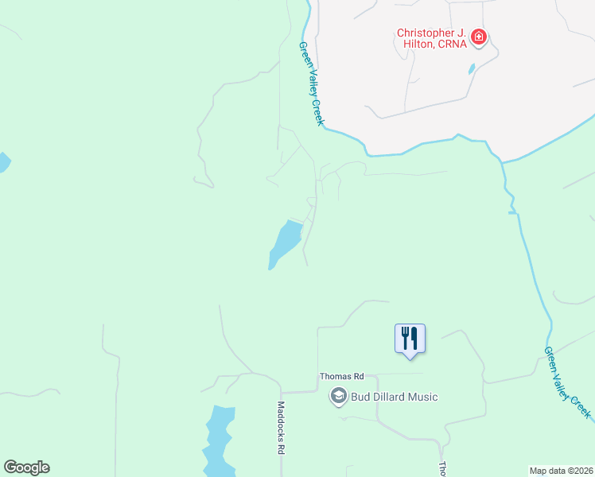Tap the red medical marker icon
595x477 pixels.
click(x=479, y=37)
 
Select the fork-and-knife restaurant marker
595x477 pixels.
click(x=410, y=338)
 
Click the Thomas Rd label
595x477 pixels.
click(x=341, y=376)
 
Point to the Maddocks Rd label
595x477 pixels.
click(x=281, y=426)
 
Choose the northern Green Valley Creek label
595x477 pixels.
click(x=311, y=83)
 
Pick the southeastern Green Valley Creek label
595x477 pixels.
click(x=568, y=382)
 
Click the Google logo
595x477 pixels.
click(x=26, y=467)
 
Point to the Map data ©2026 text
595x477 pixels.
click(x=562, y=470)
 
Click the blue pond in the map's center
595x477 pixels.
click(x=285, y=242)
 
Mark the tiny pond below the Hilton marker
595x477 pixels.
click(x=473, y=68)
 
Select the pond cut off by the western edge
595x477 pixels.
click(x=3, y=163)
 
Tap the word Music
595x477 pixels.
click(x=422, y=397)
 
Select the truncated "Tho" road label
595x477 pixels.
click(x=442, y=469)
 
